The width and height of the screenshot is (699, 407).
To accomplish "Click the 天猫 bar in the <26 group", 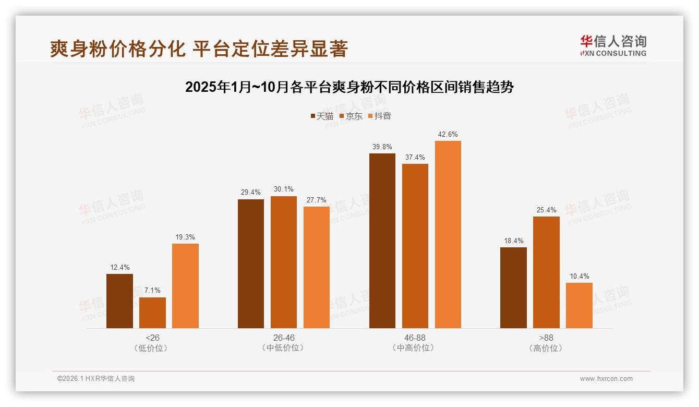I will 119,301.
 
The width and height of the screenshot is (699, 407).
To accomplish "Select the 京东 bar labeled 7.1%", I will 152,313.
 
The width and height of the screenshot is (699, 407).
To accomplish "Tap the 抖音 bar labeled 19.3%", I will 185,286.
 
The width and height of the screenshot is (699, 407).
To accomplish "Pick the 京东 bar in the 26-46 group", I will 283,262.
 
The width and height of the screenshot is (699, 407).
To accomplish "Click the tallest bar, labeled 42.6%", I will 448,234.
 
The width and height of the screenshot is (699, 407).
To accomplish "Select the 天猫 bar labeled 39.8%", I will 382,241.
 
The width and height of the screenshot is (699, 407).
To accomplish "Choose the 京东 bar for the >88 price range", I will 546,272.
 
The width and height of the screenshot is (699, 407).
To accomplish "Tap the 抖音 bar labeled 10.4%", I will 579,305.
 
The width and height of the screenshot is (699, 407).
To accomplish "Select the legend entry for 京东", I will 351,116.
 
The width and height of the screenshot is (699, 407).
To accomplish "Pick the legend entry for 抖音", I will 380,116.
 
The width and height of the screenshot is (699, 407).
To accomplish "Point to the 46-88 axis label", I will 415,338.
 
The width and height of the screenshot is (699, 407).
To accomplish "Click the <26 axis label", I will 152,338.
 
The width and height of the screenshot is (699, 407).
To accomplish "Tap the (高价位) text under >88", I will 546,348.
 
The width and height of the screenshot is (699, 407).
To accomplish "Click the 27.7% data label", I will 317,200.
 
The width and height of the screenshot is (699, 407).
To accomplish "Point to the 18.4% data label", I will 513,241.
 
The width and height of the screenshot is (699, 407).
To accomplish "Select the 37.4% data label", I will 415,157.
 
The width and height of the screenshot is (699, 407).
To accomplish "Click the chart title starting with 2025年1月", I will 349,87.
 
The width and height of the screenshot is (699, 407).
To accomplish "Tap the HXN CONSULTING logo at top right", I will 613,45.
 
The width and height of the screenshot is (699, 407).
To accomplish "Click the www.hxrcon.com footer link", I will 606,379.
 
